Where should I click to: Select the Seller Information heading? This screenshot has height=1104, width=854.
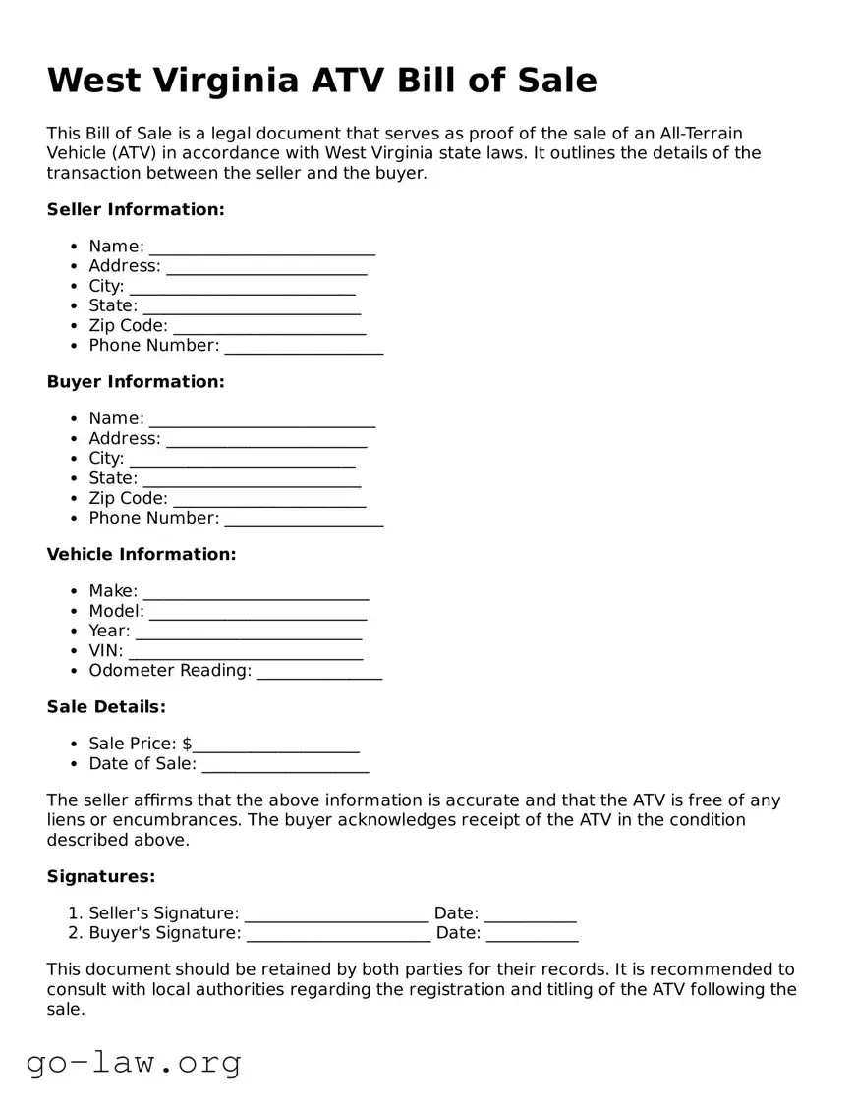click(136, 209)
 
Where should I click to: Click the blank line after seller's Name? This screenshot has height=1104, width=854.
click(261, 248)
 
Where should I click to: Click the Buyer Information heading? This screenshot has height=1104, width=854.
click(136, 381)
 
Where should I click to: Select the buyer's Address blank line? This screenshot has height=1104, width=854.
click(265, 440)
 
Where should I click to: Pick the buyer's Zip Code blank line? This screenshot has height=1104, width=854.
click(268, 500)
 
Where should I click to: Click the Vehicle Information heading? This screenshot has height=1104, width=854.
click(142, 554)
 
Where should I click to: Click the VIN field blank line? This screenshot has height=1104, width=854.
click(245, 652)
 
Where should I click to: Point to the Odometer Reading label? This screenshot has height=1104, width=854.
click(170, 671)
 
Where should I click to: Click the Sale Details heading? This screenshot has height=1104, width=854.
click(106, 706)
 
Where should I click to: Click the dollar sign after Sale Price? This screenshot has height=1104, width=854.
click(187, 744)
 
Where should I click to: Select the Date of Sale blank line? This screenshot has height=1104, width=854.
click(284, 765)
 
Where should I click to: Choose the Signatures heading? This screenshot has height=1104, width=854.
click(101, 876)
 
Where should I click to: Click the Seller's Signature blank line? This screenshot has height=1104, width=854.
click(336, 915)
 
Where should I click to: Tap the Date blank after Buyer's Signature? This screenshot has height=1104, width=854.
click(532, 935)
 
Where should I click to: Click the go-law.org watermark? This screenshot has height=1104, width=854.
click(134, 1062)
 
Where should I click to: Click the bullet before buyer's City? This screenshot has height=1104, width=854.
click(75, 459)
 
